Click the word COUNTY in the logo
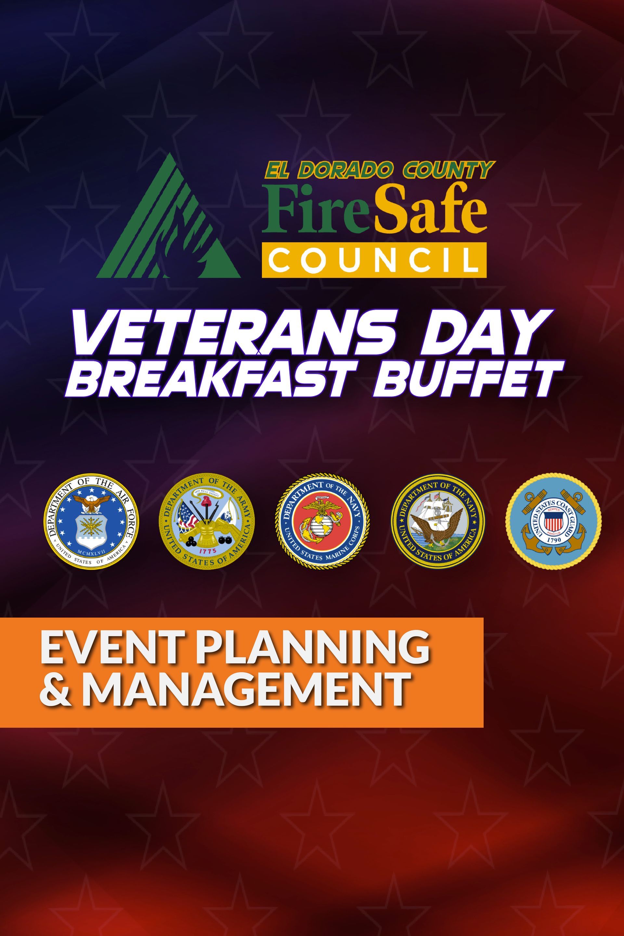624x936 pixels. click(446, 170)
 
